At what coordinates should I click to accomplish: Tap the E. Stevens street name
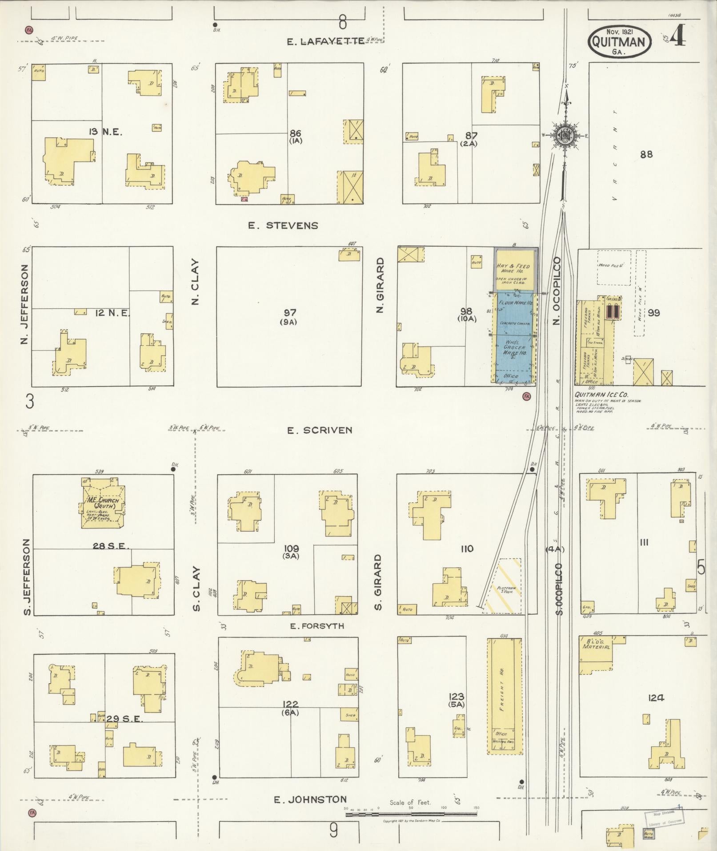(283, 226)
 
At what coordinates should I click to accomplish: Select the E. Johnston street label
(310, 799)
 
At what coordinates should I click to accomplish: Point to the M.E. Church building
(103, 504)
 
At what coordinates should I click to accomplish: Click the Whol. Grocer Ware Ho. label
(514, 347)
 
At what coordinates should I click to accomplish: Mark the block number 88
(646, 154)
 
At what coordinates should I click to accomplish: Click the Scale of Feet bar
(411, 815)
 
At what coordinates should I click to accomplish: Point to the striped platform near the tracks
(503, 586)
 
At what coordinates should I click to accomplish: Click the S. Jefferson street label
(26, 577)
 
